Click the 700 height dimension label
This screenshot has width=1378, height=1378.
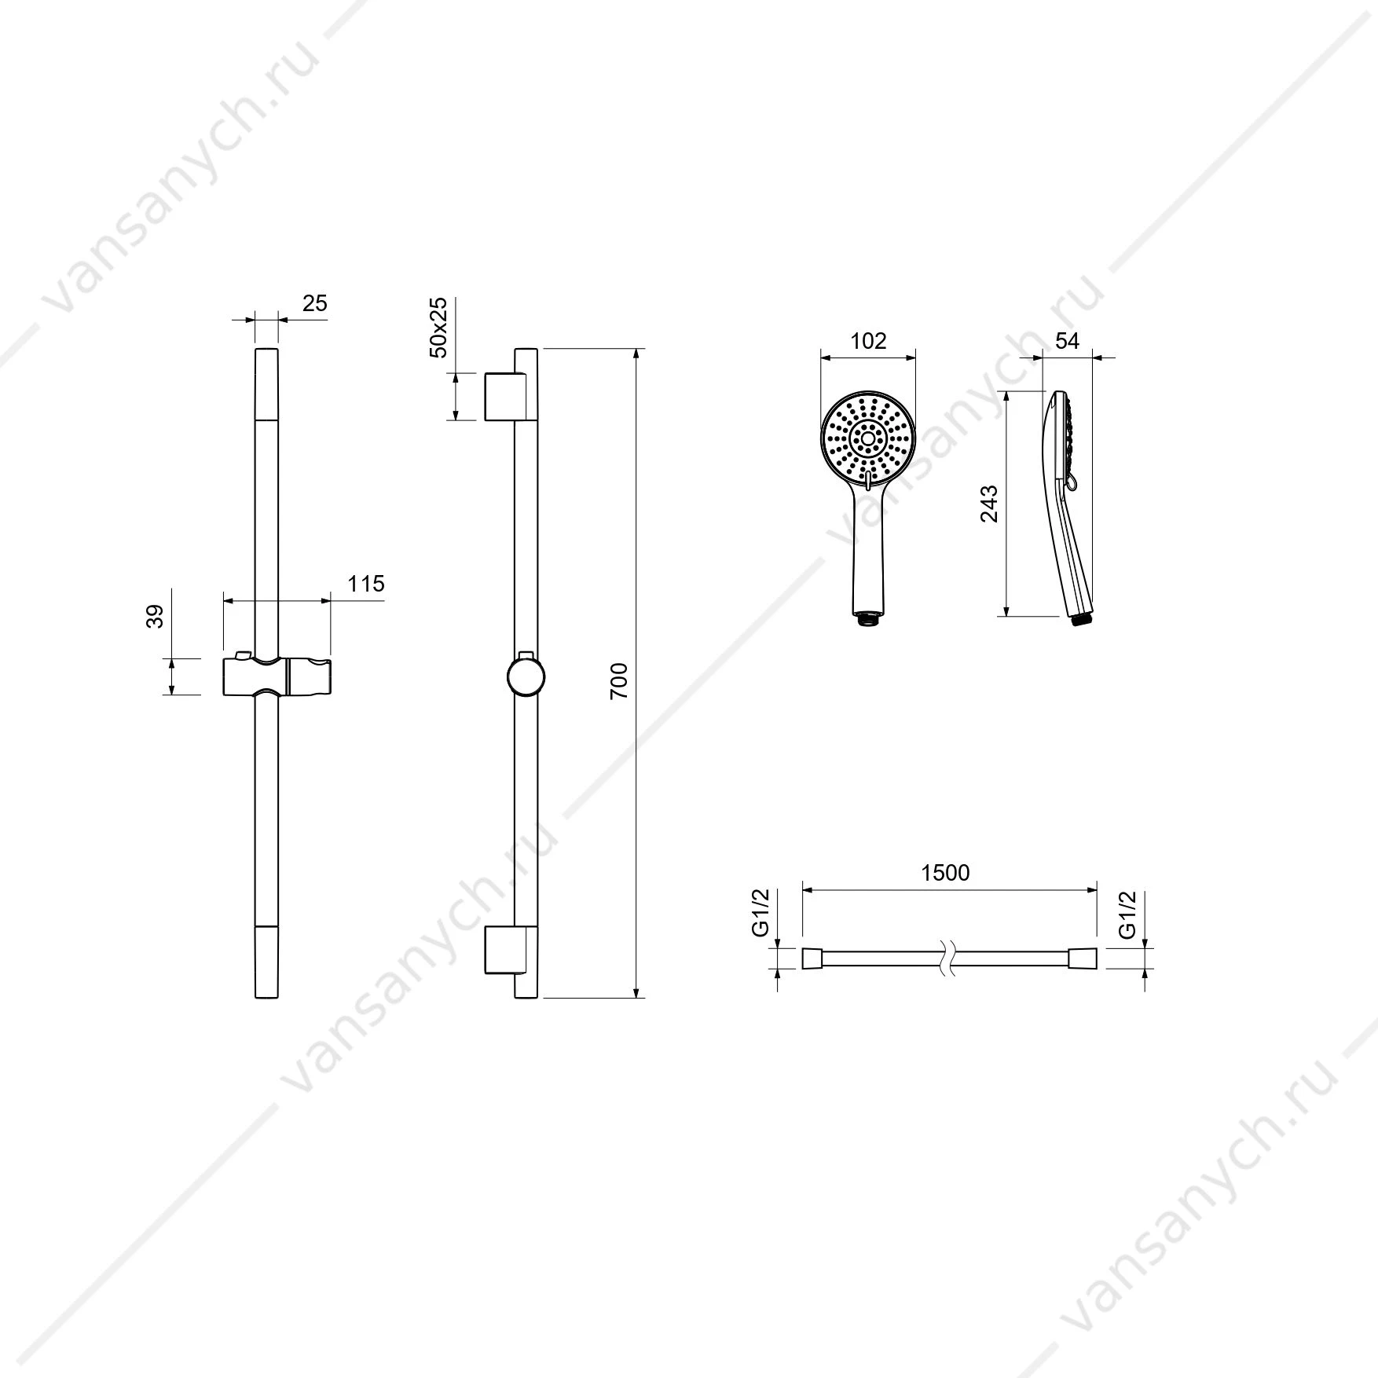[x=619, y=680]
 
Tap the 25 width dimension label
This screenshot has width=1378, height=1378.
[x=314, y=303]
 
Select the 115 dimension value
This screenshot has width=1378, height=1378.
[x=366, y=584]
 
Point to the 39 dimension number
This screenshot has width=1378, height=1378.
[x=156, y=616]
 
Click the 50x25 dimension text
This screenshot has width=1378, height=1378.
[x=438, y=328]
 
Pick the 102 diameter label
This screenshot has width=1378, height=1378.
[x=868, y=341]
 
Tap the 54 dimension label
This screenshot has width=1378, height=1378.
[x=1067, y=340]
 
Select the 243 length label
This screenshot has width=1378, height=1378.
[x=989, y=504]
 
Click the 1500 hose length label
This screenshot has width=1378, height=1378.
[x=946, y=873]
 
